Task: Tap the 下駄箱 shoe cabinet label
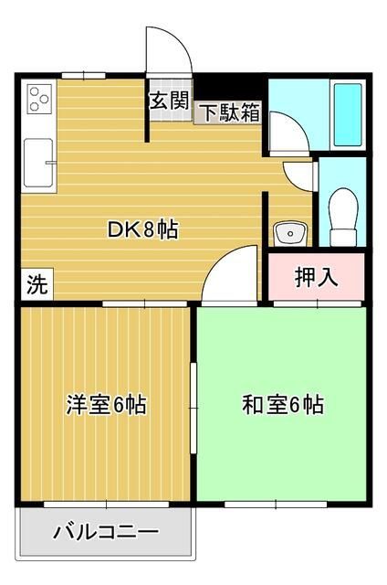(x=229, y=113)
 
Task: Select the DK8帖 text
(x=144, y=229)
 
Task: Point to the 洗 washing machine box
(x=35, y=283)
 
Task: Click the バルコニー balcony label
(x=106, y=531)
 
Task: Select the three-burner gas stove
(x=38, y=98)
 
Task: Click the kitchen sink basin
(x=37, y=160)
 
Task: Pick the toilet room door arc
(x=299, y=174)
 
